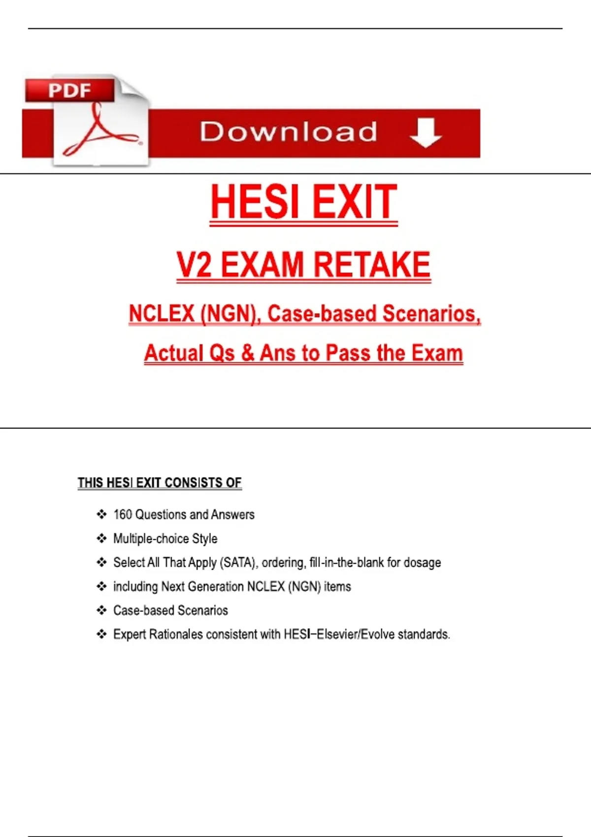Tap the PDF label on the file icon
[x=69, y=91]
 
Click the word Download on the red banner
[x=289, y=132]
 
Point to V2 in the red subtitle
[x=194, y=265]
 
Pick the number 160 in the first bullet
[x=123, y=515]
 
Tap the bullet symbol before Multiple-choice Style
[x=101, y=539]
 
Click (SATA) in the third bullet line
[x=238, y=562]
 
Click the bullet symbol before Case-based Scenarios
[x=101, y=611]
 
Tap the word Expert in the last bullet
[x=130, y=634]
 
